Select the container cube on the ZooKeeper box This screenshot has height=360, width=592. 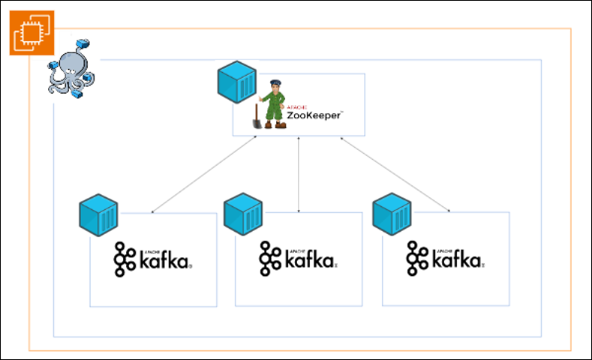[x=236, y=83]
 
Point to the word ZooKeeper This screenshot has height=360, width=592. [x=314, y=115]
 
